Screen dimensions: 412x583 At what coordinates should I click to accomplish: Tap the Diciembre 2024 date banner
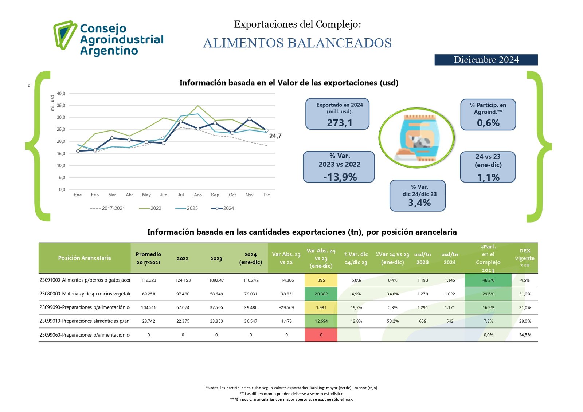coord(486,60)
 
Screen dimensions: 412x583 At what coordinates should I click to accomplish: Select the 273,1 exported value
coord(340,123)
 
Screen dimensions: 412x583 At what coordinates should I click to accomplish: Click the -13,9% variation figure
coord(340,177)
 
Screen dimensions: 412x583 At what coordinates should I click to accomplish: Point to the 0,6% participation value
coord(488,123)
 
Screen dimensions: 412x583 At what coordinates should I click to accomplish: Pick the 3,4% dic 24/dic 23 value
coord(419,203)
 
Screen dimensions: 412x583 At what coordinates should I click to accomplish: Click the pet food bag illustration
coord(417,138)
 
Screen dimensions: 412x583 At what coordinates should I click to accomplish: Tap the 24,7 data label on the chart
coord(275,136)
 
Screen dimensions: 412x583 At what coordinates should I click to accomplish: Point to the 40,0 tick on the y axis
coord(61,94)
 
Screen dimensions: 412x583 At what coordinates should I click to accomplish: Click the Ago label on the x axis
coord(198,195)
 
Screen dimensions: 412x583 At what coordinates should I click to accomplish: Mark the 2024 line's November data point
coord(249,119)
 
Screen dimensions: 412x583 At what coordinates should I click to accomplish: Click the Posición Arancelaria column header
coord(85,258)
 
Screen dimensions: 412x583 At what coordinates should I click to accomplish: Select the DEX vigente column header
coord(525,258)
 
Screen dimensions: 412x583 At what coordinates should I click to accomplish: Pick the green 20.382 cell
coord(321,294)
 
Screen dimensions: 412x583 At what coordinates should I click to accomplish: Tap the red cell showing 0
coord(321,335)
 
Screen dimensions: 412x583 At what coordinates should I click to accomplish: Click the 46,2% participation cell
coord(488,280)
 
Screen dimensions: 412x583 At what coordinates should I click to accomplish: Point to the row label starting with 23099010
coord(85,321)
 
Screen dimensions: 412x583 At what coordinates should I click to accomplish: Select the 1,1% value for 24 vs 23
coord(488,177)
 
